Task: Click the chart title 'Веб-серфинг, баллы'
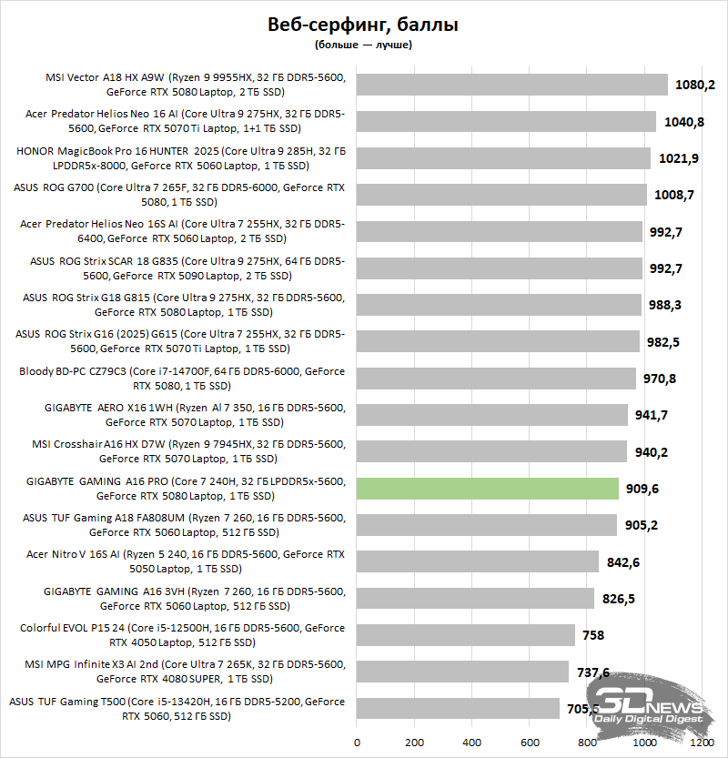tap(363, 25)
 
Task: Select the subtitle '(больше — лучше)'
tap(363, 44)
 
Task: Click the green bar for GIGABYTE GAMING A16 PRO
tap(488, 489)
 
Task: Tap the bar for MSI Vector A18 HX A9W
tap(512, 85)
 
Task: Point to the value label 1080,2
tap(695, 85)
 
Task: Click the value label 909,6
tap(642, 489)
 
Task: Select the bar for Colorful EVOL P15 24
tap(466, 635)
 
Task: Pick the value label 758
tap(592, 635)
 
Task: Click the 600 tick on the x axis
tap(530, 742)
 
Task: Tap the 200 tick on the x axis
tap(414, 742)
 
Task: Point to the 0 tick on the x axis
tap(357, 742)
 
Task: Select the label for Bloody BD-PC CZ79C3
tap(182, 379)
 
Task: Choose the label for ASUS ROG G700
tap(182, 195)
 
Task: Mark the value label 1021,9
tap(679, 158)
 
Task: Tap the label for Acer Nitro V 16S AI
tap(182, 561)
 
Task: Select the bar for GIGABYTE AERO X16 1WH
tap(492, 415)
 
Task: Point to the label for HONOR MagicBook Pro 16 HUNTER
tap(182, 158)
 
